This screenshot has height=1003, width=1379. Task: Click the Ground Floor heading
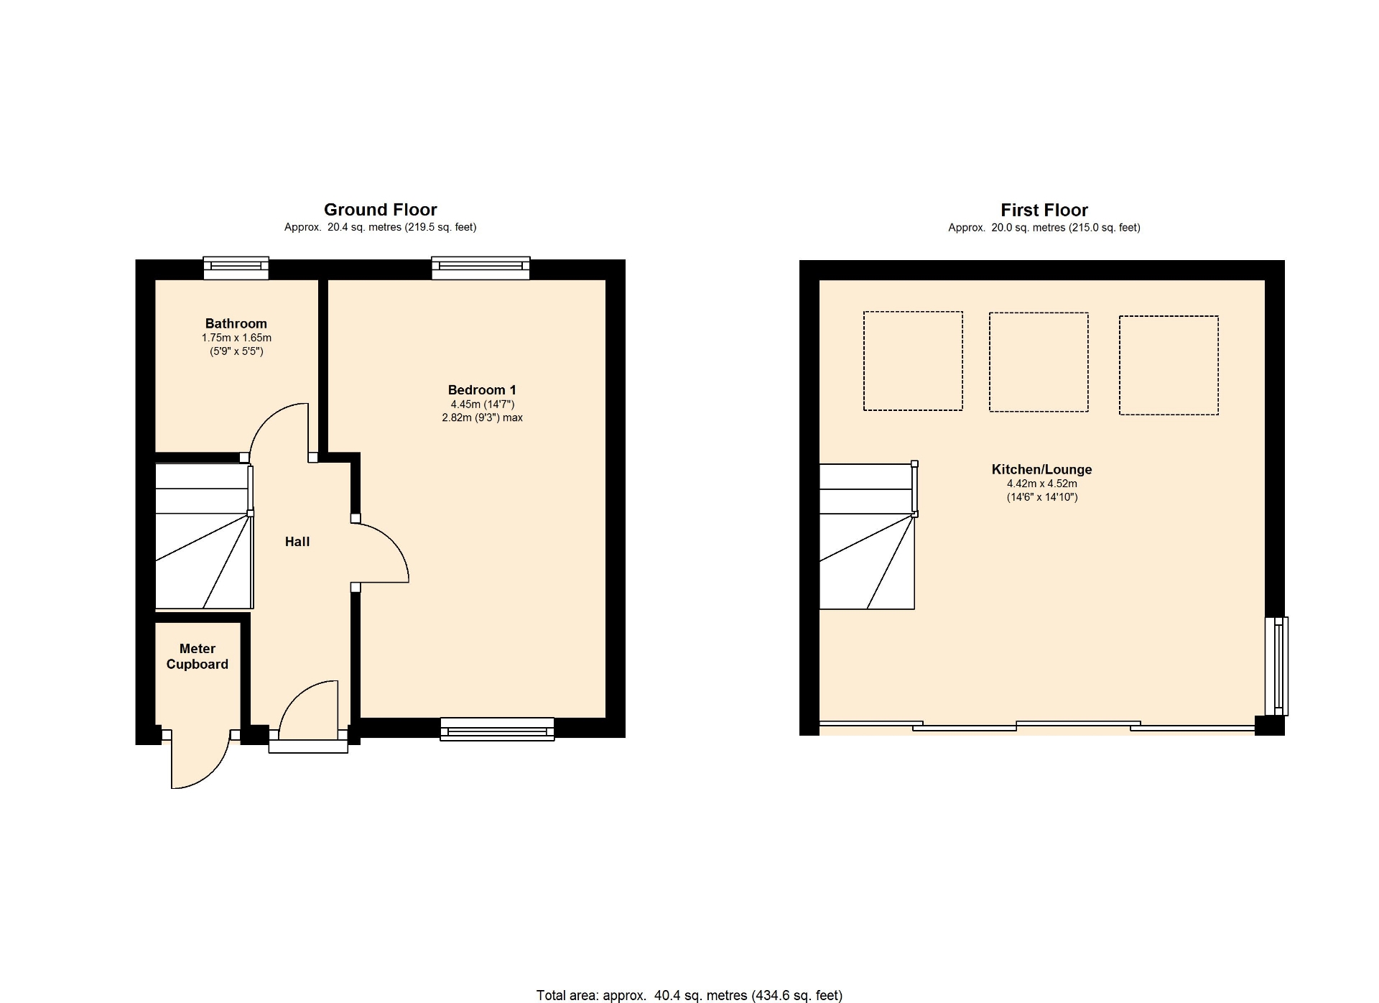(x=380, y=210)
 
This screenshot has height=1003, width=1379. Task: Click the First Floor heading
(x=1044, y=211)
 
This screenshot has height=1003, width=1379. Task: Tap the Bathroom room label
(x=236, y=324)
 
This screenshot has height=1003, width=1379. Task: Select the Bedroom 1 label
(x=482, y=390)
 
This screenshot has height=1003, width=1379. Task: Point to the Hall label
(x=297, y=542)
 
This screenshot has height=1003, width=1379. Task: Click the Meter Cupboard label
(x=198, y=657)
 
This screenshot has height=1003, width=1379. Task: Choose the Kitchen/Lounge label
(x=1041, y=470)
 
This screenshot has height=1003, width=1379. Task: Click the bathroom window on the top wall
(x=236, y=268)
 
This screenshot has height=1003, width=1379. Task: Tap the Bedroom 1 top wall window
(x=480, y=268)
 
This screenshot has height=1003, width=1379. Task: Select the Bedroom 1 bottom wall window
(x=497, y=729)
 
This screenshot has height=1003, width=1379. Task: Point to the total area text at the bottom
(x=689, y=996)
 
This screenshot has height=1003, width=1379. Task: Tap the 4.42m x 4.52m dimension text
(x=1042, y=484)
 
